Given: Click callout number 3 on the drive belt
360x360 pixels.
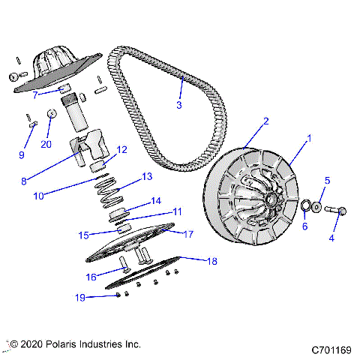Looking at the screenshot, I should [178, 106].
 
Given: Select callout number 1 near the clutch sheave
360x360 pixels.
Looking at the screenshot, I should [307, 139].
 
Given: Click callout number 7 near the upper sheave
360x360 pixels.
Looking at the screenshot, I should [34, 96].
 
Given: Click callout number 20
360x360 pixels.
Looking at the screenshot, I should [46, 145].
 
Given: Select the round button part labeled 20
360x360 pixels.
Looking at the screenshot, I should [50, 113].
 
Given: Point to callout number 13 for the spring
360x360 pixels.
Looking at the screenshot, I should [146, 177].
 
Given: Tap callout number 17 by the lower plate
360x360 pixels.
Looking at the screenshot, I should [188, 234].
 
